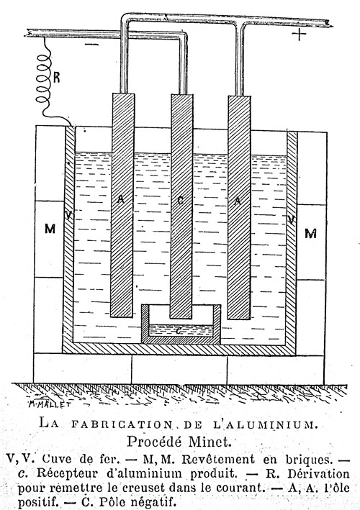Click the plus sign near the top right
click(x=299, y=34)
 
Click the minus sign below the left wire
click(x=91, y=44)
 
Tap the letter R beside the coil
click(x=56, y=78)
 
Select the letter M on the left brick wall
click(x=50, y=229)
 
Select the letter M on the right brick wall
click(x=310, y=233)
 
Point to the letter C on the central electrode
click(x=180, y=201)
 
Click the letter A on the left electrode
click(x=121, y=199)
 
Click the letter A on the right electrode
click(x=238, y=201)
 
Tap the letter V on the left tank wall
click(x=68, y=215)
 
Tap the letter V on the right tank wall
click(x=292, y=220)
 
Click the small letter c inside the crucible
click(x=179, y=331)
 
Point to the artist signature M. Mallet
click(x=50, y=404)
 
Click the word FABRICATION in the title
click(x=121, y=424)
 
